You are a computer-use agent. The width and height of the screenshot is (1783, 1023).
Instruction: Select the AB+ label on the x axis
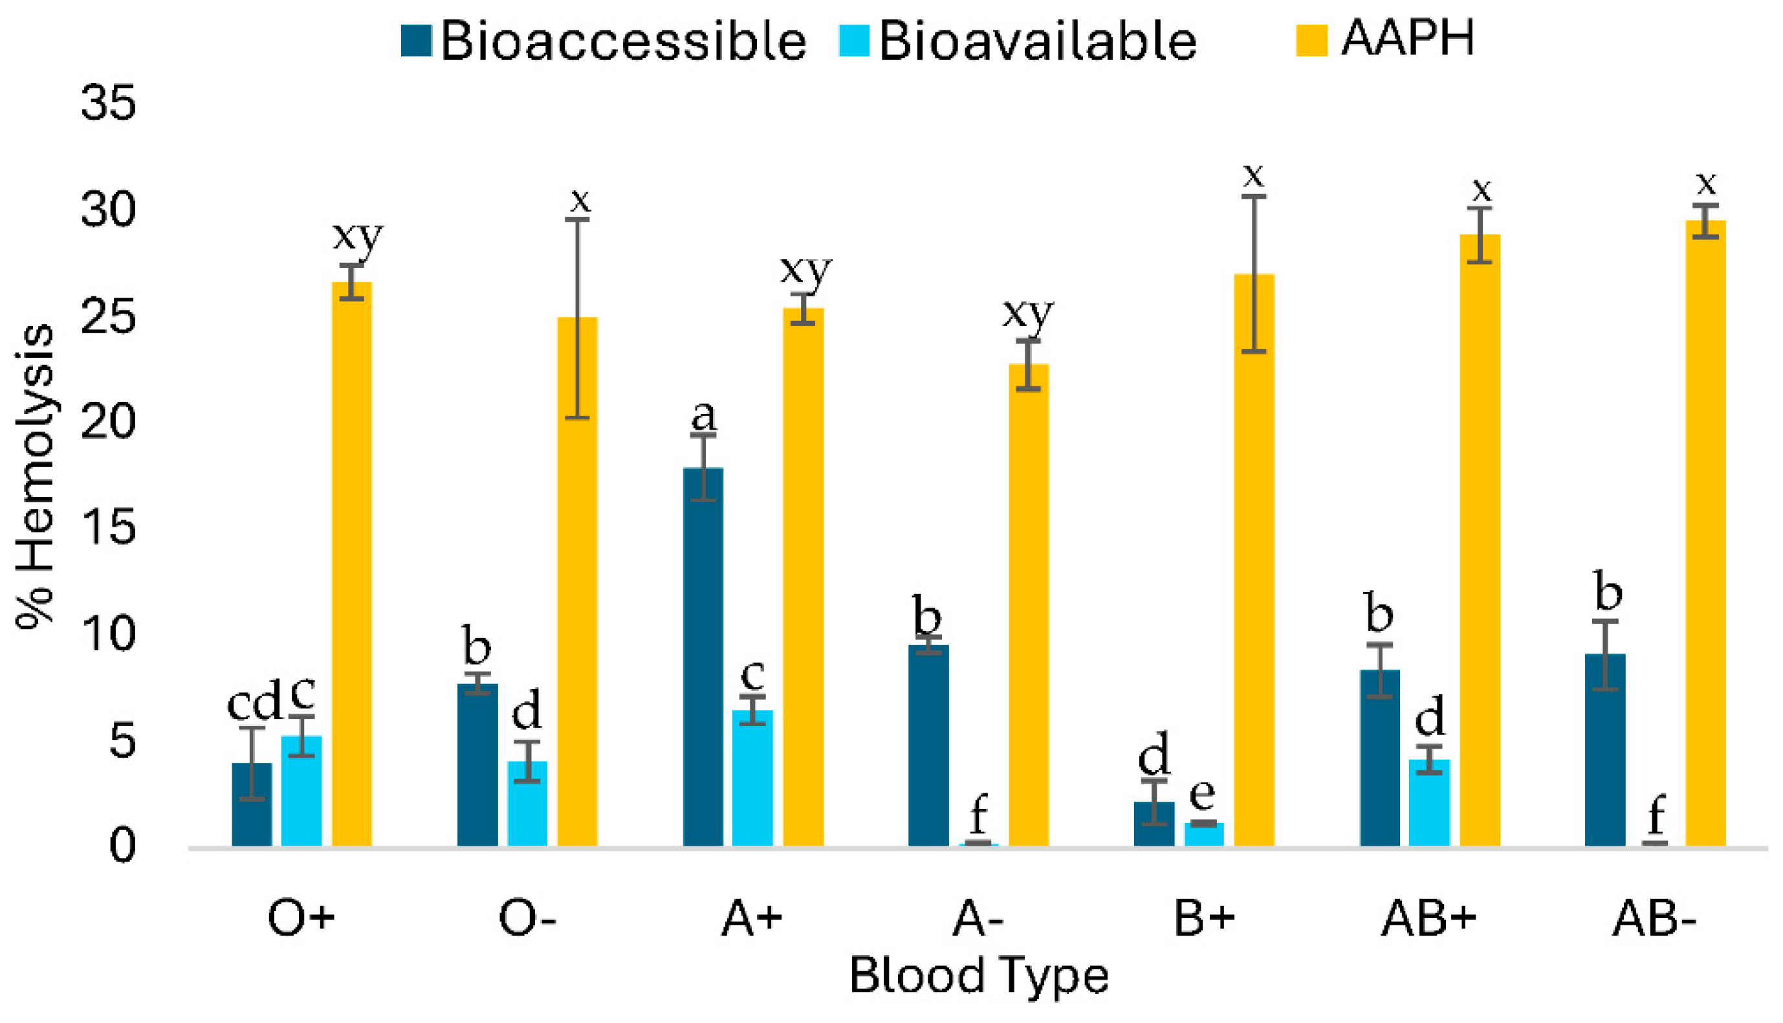point(1429,918)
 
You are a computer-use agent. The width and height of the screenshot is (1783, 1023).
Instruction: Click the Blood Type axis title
point(978,976)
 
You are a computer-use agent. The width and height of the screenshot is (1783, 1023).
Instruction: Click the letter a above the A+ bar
point(704,416)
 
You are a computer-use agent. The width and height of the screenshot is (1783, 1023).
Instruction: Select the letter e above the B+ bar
point(1203,793)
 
